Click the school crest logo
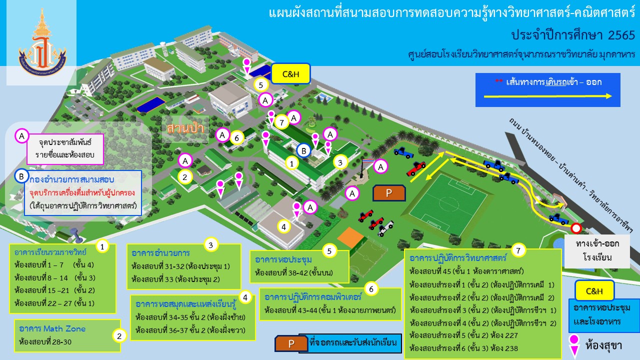pos(42,43)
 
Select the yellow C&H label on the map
pos(290,73)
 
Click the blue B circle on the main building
pos(303,150)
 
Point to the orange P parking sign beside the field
pos(389,193)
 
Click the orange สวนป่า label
pos(185,128)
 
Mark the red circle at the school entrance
pos(576,228)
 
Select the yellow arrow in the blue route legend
pos(547,96)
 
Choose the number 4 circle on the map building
pos(283,227)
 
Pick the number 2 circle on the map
pos(185,177)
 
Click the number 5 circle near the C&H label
pos(260,85)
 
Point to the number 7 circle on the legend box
pos(518,250)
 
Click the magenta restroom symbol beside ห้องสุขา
pos(574,345)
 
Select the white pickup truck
pos(385,228)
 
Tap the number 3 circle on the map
pos(340,162)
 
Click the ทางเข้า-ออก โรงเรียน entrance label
pos(597,251)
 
